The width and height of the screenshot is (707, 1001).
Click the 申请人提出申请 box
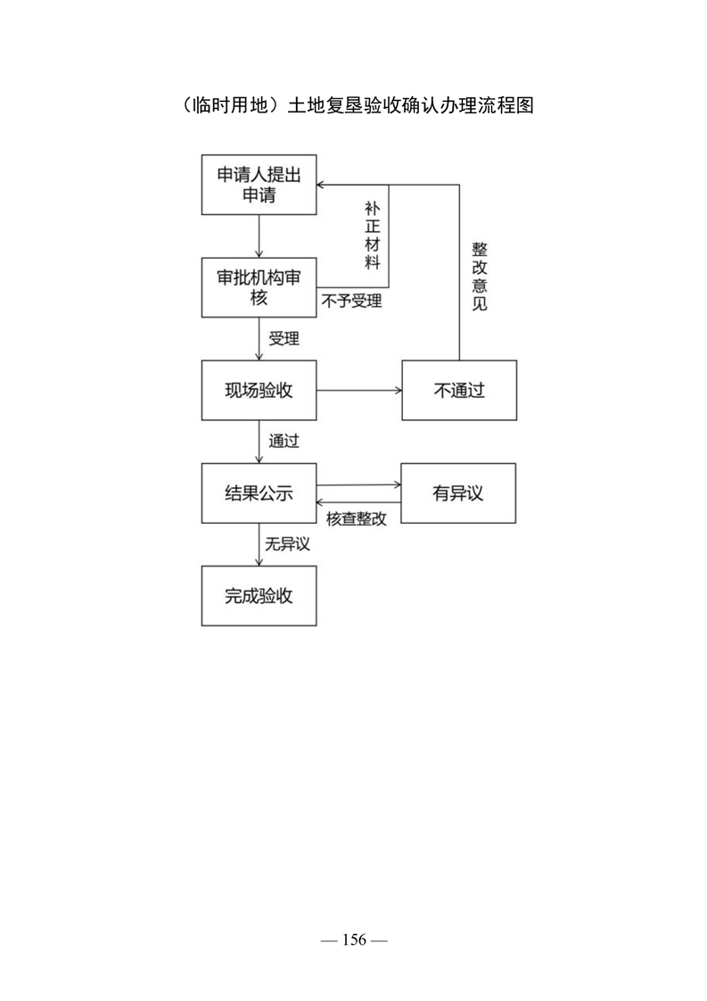coord(259,185)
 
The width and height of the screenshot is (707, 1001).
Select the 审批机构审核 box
coord(259,287)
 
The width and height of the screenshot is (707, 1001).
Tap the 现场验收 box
coord(259,390)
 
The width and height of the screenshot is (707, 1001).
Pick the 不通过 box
coord(459,390)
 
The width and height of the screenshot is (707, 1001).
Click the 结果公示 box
coord(259,492)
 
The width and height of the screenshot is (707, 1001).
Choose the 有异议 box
coord(458,492)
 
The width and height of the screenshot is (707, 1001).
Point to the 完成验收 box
coord(259,596)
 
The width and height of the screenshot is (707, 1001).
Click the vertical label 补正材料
coord(373,236)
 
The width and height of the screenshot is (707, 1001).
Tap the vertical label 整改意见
coord(480,277)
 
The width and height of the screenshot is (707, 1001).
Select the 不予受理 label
coord(351,301)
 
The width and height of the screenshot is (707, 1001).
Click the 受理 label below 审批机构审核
coord(284,338)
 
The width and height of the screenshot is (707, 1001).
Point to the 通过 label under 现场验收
coord(284,441)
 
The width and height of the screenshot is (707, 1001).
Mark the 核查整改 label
coord(357,518)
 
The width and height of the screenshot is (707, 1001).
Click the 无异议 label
coord(288,544)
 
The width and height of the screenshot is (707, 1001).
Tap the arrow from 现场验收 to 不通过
coord(359,390)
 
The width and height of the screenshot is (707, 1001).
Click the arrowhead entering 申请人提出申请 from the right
coord(321,186)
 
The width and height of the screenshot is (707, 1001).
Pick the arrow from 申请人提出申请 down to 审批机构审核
coord(259,236)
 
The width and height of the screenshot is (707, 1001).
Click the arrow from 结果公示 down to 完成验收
coord(259,544)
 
